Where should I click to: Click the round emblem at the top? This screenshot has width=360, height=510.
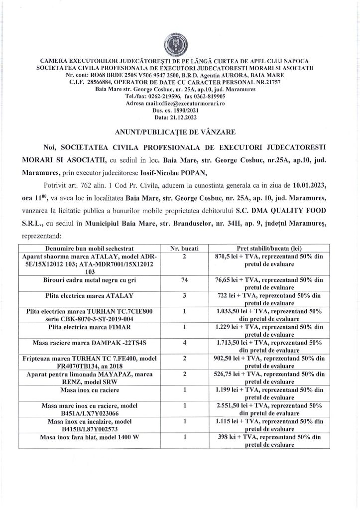coord(180,44)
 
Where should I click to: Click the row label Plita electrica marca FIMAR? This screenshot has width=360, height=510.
coord(88,327)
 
